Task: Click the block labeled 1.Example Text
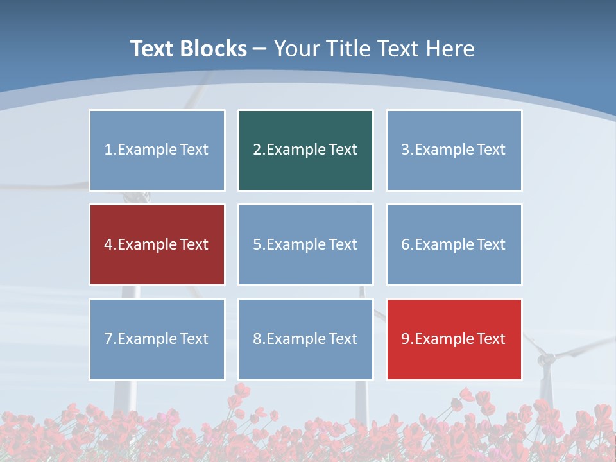pyautogui.click(x=157, y=150)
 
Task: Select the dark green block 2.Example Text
pyautogui.click(x=305, y=150)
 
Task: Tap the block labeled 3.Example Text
pyautogui.click(x=454, y=150)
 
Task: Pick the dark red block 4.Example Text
pyautogui.click(x=157, y=244)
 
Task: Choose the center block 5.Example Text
pyautogui.click(x=305, y=244)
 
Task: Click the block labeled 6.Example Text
pyautogui.click(x=454, y=244)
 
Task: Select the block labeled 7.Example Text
pyautogui.click(x=157, y=339)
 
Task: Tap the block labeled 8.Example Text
pyautogui.click(x=305, y=339)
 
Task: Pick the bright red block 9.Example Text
pyautogui.click(x=454, y=339)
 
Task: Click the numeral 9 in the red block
pyautogui.click(x=406, y=339)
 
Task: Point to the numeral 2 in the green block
pyautogui.click(x=257, y=150)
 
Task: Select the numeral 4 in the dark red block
pyautogui.click(x=108, y=244)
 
